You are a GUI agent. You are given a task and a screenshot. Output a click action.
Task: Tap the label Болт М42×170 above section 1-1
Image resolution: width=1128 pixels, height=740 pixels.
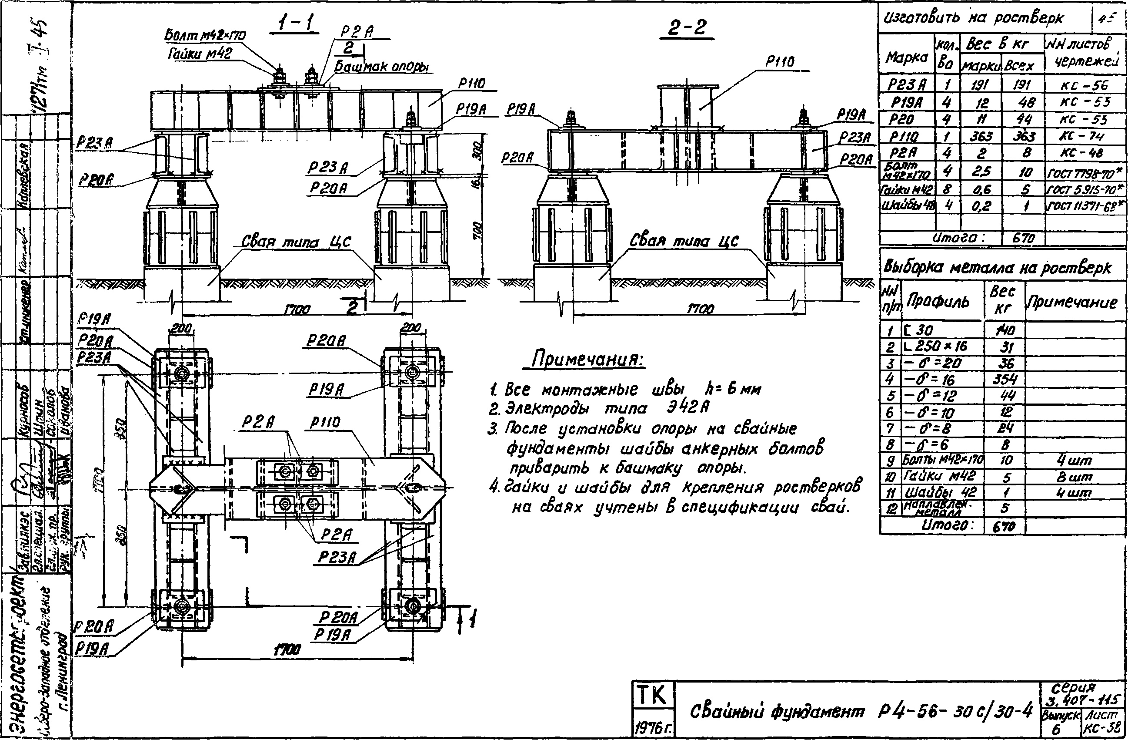click(205, 36)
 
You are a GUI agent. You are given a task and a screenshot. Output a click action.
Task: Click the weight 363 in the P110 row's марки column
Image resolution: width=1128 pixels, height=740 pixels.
click(981, 137)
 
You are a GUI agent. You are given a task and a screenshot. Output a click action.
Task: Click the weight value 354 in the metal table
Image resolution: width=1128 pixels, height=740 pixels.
click(1006, 380)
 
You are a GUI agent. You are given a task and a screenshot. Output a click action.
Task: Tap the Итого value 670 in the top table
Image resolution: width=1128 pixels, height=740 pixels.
click(1023, 238)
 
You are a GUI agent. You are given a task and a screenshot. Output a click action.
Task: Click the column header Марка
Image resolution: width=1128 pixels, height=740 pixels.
click(906, 58)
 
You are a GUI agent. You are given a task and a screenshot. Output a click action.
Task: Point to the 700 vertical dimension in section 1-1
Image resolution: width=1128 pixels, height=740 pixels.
click(478, 231)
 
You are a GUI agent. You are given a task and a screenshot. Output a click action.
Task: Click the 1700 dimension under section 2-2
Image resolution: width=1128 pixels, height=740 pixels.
click(700, 309)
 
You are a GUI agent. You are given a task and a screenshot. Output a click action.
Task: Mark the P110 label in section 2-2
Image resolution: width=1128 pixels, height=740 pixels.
click(780, 62)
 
